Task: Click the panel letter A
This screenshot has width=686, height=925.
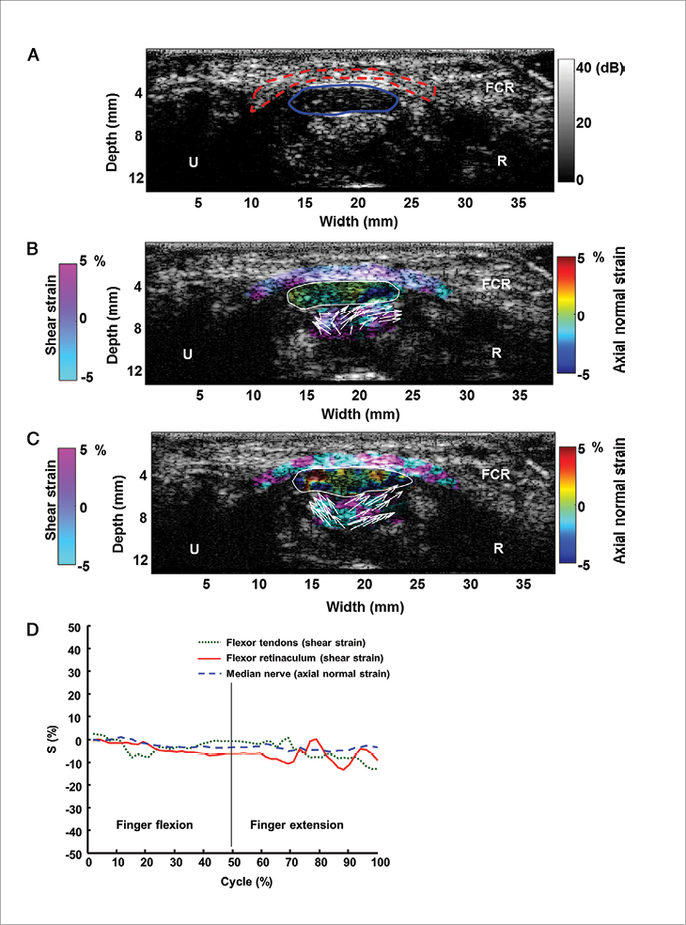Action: [34, 55]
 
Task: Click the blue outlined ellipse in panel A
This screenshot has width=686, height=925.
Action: [343, 98]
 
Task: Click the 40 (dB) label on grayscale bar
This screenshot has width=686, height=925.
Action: [599, 68]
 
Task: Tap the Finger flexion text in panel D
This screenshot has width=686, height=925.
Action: [154, 824]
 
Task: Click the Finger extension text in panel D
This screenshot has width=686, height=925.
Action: [296, 824]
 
